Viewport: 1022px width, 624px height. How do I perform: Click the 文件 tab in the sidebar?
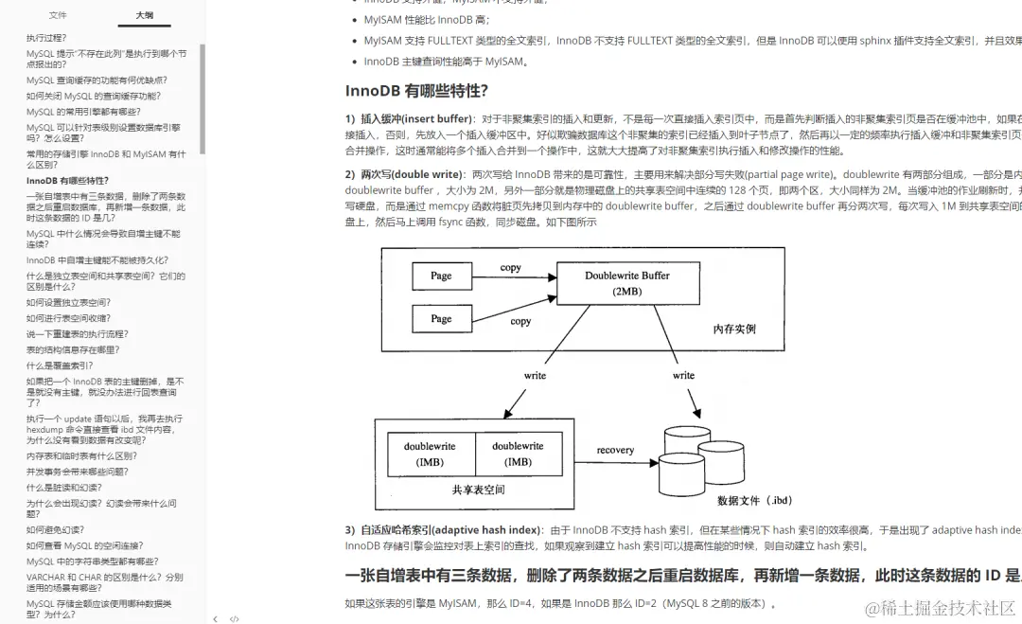pos(58,15)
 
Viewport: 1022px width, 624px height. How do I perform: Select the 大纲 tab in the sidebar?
pos(144,15)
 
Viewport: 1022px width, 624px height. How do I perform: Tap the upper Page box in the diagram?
pos(441,276)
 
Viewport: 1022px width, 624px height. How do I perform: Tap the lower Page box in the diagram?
pos(441,318)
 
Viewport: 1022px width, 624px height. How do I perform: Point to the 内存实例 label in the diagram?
pos(734,329)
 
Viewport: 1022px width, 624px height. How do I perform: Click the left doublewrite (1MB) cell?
pos(430,454)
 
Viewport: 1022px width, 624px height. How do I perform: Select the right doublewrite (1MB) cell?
pos(518,454)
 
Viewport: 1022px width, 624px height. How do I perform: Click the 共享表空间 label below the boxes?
pos(478,490)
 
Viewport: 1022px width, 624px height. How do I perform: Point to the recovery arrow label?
pos(615,450)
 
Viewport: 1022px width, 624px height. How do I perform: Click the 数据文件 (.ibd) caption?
pos(754,500)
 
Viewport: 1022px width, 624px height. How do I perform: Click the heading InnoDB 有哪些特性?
pos(416,91)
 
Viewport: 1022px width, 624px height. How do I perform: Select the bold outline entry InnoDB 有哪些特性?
pos(67,180)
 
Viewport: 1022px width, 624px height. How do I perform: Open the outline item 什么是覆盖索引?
pos(60,365)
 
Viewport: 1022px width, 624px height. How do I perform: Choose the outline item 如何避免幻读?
pos(55,529)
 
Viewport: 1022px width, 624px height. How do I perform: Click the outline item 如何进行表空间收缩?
pos(68,318)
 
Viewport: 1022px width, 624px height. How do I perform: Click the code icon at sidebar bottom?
pos(234,619)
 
